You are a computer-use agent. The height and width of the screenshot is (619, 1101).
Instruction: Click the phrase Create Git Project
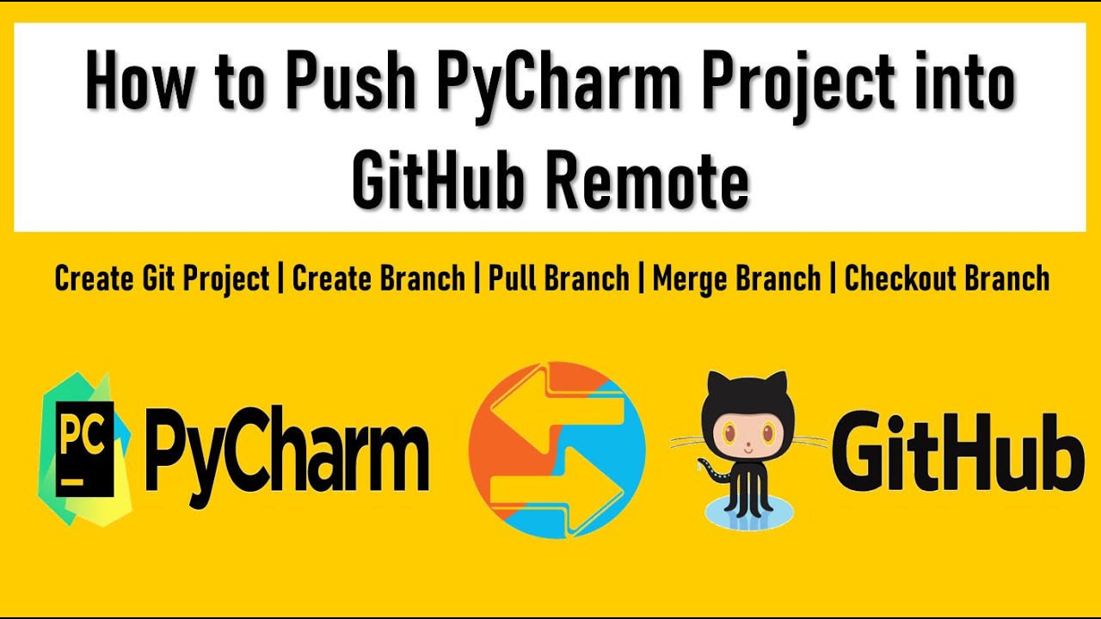(x=162, y=279)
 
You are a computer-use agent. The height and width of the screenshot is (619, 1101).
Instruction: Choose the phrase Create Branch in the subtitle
(x=378, y=279)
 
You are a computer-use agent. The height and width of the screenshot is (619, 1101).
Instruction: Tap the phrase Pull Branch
(x=558, y=279)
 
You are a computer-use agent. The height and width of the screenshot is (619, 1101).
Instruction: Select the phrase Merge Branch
(x=736, y=279)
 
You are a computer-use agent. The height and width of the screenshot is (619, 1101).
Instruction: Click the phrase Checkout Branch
(x=947, y=279)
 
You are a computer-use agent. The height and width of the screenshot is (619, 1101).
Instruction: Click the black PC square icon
(x=84, y=447)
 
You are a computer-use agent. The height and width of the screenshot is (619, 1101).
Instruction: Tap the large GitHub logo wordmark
(x=956, y=449)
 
